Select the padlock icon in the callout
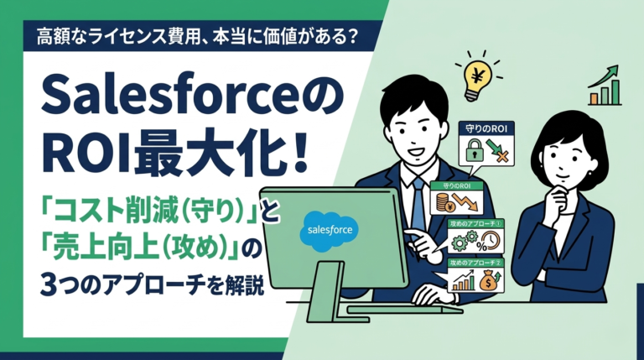(475, 152)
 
